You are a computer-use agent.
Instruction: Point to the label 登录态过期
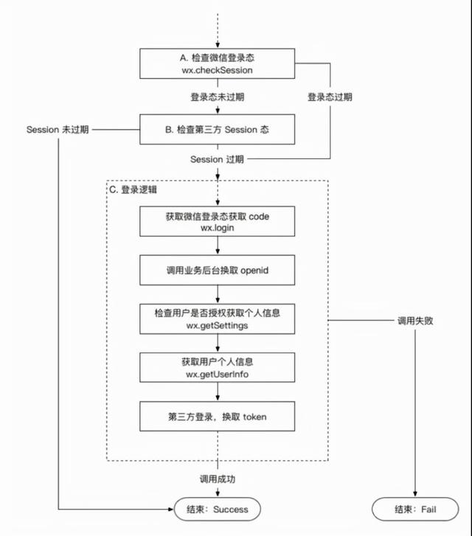tap(330, 97)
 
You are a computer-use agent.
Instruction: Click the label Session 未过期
tap(58, 129)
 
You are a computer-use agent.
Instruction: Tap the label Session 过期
tap(217, 159)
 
